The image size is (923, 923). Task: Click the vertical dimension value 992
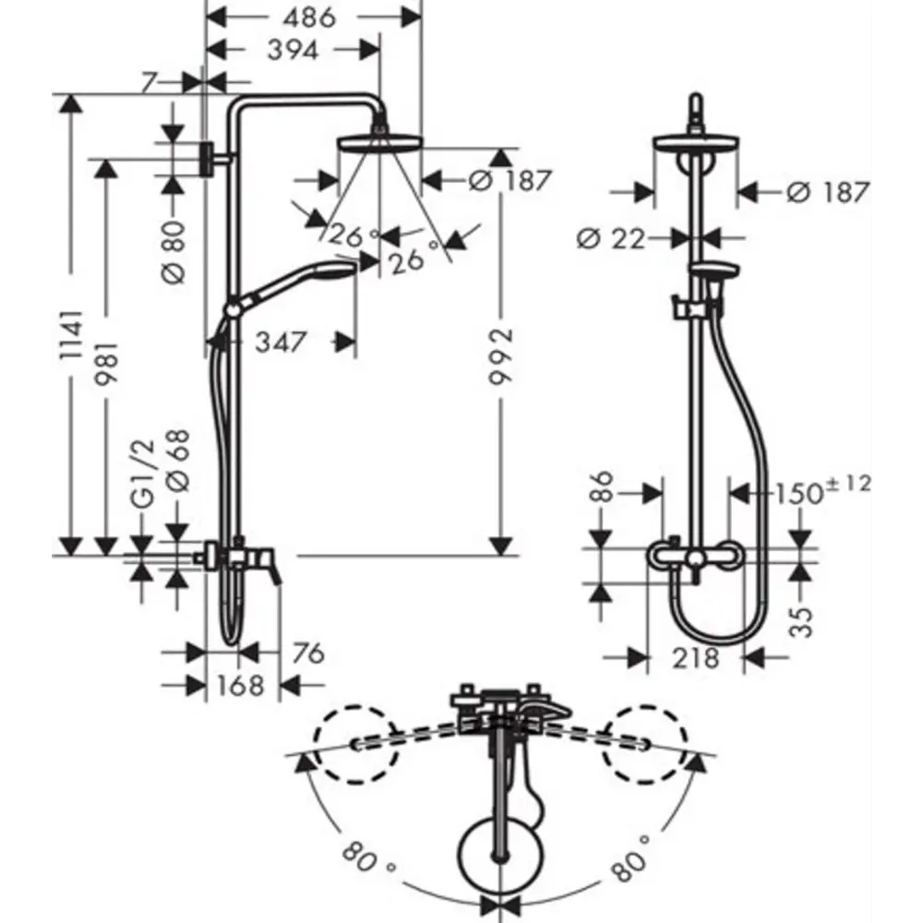tap(501, 361)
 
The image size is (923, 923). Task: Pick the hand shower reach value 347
tap(280, 343)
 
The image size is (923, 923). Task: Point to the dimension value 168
tap(242, 686)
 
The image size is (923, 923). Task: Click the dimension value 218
tap(695, 658)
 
